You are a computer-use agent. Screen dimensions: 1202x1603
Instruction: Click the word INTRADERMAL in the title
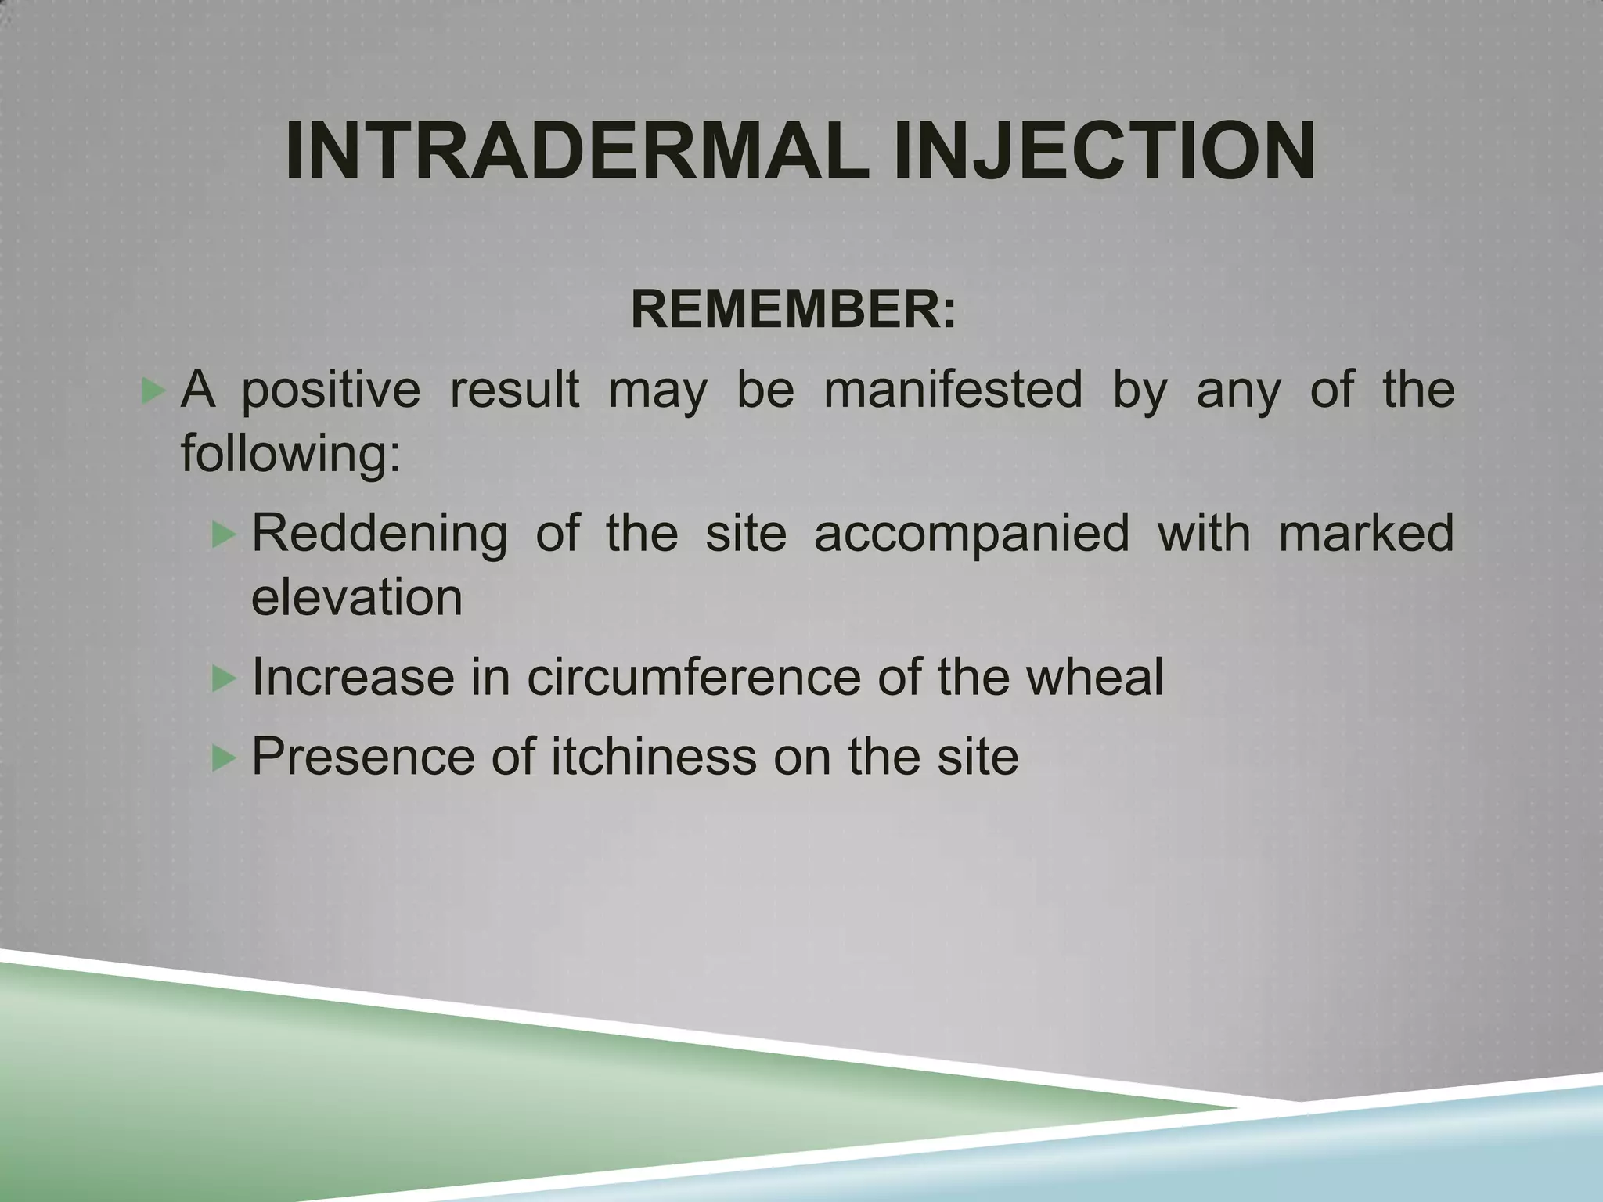576,152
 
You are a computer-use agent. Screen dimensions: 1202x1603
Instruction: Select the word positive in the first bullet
330,390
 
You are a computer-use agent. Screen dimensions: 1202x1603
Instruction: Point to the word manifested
953,389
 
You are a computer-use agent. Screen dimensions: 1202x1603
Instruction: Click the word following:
290,453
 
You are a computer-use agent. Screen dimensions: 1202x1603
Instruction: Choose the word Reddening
379,534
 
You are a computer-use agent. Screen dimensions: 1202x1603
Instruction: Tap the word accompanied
971,534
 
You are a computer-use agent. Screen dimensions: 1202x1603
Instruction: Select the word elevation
357,598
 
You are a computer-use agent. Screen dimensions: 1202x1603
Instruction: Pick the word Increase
353,678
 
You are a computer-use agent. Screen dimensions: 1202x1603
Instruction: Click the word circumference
693,678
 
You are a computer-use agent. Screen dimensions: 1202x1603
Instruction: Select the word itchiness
654,757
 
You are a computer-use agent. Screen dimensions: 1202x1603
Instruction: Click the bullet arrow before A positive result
151,390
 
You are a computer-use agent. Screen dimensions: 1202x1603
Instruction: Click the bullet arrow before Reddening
223,535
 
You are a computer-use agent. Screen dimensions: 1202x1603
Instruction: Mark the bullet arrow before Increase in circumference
223,678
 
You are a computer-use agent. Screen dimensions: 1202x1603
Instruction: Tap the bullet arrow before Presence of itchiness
223,758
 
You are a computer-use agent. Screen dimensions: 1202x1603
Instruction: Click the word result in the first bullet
514,389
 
